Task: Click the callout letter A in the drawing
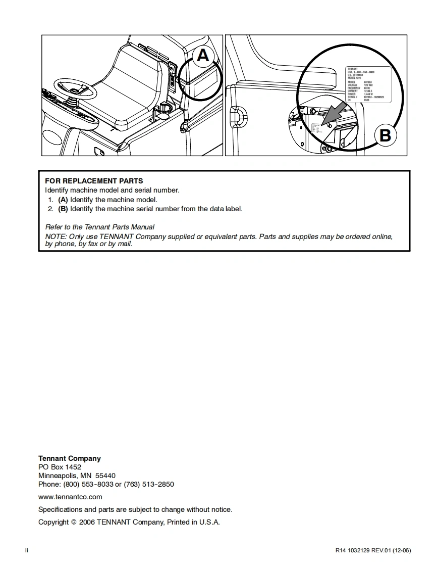point(203,55)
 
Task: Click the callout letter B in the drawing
point(385,135)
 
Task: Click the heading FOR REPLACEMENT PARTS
point(94,181)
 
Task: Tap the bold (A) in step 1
point(63,200)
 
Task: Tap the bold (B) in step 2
point(63,209)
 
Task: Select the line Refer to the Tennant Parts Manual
point(100,227)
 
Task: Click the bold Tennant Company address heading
point(70,458)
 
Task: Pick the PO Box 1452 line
point(60,467)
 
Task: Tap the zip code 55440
point(105,476)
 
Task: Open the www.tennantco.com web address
point(70,497)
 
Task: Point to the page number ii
point(27,550)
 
